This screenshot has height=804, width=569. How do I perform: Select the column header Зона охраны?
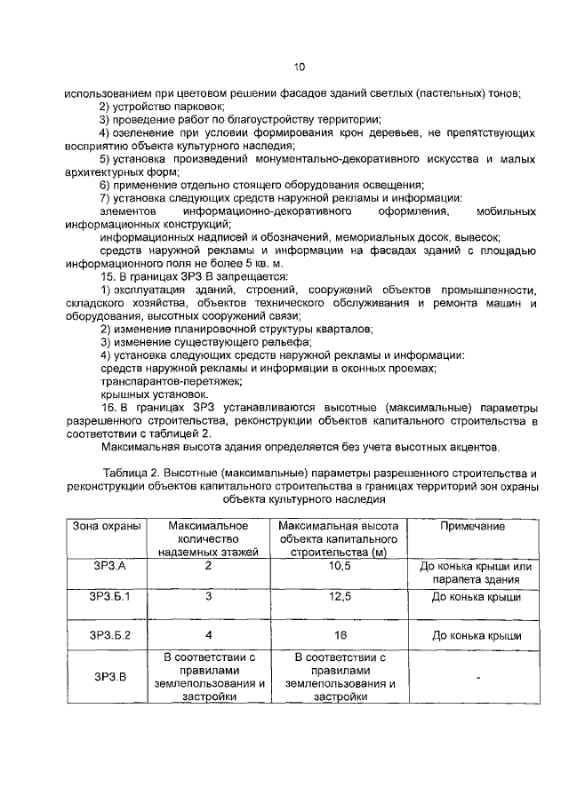click(x=107, y=527)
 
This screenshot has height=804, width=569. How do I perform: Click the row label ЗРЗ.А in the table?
click(x=107, y=567)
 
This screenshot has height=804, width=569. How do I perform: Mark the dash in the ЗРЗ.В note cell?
click(x=477, y=678)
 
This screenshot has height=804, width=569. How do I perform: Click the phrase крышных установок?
click(x=141, y=393)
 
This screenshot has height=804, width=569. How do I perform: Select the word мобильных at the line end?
click(x=506, y=212)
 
